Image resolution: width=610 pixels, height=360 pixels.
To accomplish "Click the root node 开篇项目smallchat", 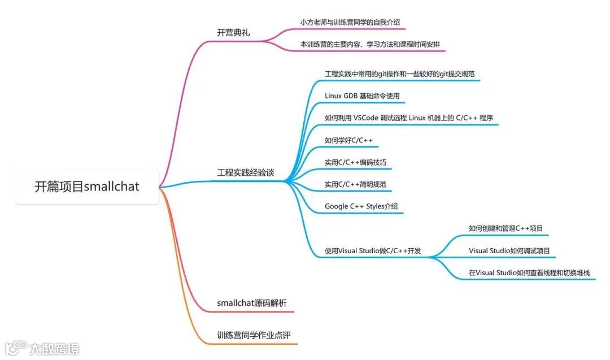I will click(x=87, y=186).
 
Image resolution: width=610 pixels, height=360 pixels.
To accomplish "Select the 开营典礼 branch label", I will click(x=233, y=33).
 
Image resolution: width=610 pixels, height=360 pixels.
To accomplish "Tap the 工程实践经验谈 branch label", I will click(x=246, y=172).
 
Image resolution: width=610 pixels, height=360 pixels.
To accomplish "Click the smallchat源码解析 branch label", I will click(x=251, y=303).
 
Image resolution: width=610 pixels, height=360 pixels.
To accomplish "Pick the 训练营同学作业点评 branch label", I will click(x=254, y=335).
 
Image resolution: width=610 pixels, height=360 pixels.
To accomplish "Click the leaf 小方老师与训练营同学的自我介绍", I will click(x=350, y=22).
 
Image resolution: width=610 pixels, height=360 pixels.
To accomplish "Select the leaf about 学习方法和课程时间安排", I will click(x=370, y=44).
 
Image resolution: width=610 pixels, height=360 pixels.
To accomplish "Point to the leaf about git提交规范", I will click(x=399, y=73).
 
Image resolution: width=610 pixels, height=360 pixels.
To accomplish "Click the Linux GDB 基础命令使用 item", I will click(x=362, y=96).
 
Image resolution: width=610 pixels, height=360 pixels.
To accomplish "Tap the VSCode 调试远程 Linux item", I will click(x=409, y=118).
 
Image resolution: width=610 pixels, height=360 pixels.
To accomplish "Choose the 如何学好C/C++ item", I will click(x=348, y=140).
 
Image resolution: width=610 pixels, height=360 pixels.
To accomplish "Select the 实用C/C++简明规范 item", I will click(x=355, y=184).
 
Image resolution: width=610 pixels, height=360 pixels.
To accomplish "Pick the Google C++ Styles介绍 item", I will click(x=361, y=206).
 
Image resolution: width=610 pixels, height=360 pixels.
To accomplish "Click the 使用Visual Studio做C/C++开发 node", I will click(x=372, y=250).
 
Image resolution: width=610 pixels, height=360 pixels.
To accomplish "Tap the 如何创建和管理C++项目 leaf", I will click(x=506, y=228).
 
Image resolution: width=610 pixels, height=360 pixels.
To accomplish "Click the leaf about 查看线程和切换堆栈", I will click(x=529, y=272).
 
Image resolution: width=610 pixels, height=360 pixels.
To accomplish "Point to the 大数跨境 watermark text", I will click(x=55, y=348).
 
